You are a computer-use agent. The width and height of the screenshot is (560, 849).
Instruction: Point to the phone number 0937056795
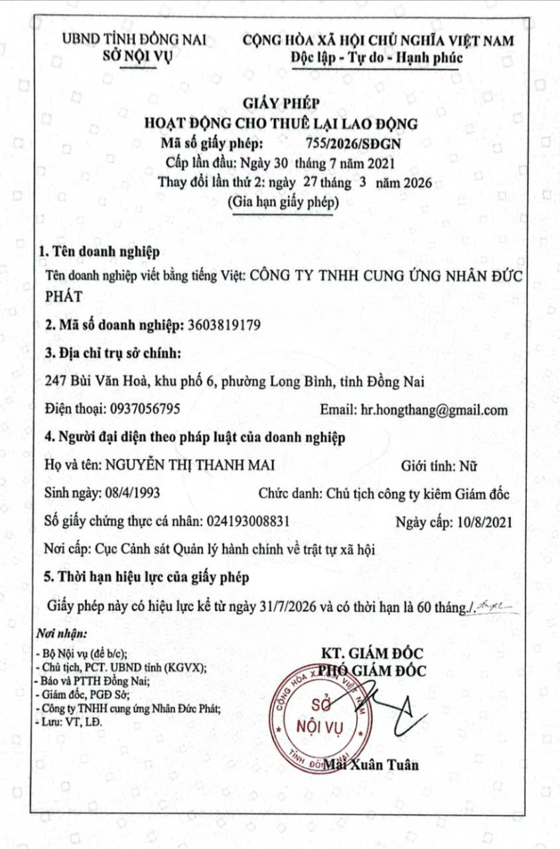141,410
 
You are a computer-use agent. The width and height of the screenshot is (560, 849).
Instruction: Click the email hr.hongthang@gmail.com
434,410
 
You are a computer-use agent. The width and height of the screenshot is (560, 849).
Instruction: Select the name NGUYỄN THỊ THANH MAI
187,466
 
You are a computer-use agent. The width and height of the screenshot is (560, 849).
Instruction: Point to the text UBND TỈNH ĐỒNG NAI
133,40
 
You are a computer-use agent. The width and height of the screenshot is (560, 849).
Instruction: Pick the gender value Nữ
466,466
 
